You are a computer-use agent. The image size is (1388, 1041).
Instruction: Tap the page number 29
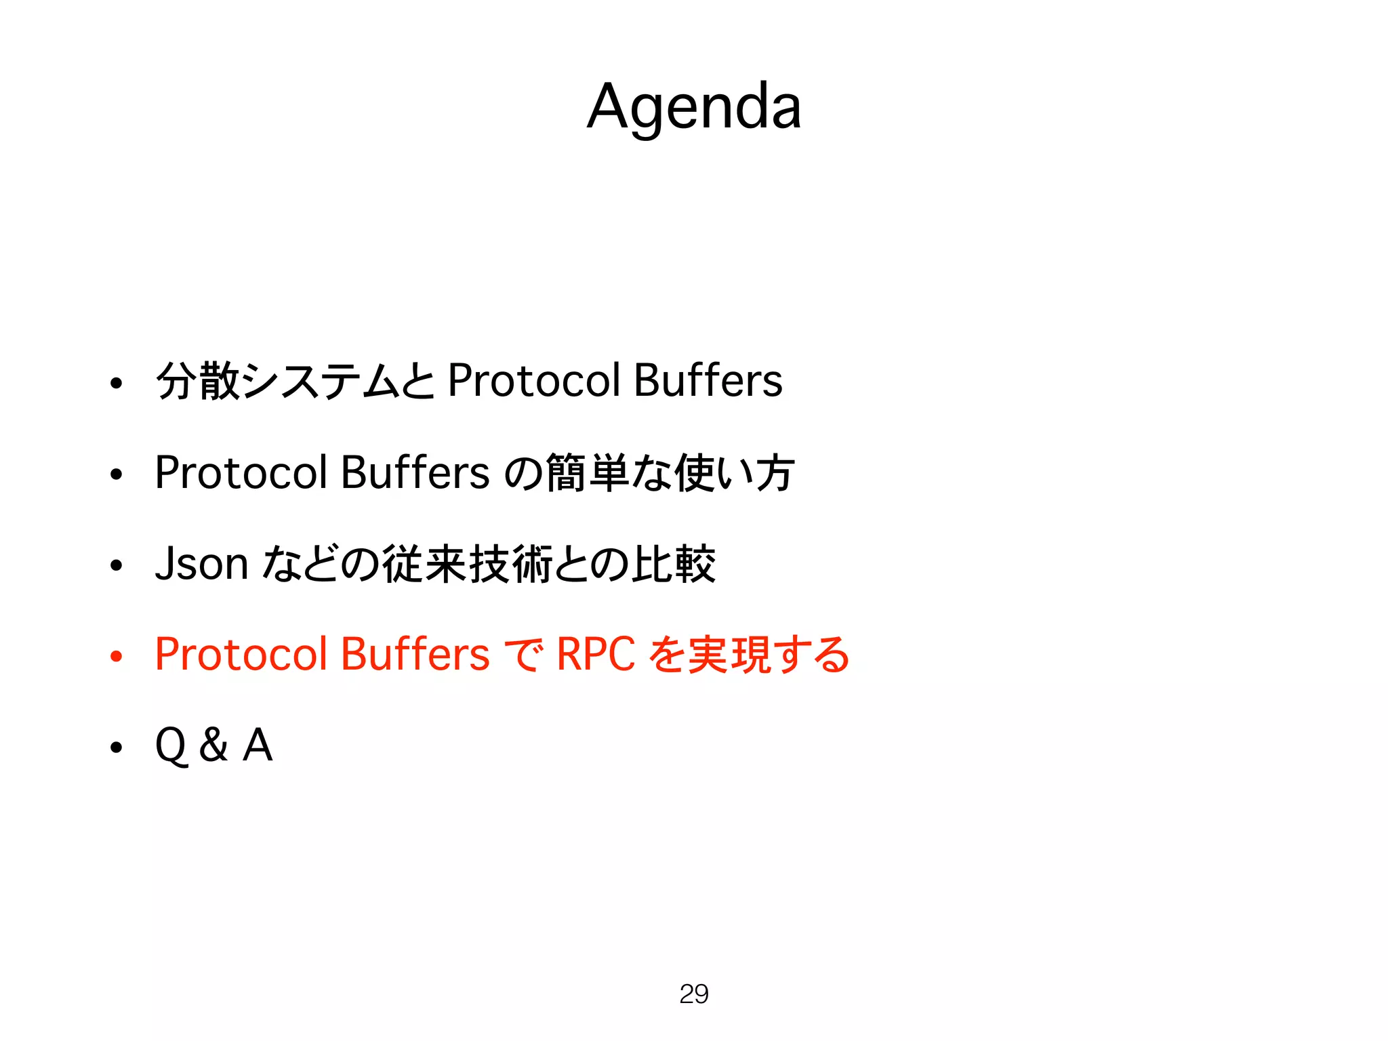coord(693,994)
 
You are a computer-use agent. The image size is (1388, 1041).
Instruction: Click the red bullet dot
coord(117,656)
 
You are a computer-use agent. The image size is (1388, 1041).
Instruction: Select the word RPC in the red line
coord(596,655)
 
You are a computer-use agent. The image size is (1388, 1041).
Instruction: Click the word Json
coord(201,564)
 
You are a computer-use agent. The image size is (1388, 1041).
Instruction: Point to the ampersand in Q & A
coord(213,745)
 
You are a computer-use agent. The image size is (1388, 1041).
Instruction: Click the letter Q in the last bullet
coord(171,746)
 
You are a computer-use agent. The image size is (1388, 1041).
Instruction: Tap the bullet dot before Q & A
coord(117,747)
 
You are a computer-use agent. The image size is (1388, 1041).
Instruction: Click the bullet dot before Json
coord(117,565)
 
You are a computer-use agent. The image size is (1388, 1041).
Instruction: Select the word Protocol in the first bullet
coord(534,380)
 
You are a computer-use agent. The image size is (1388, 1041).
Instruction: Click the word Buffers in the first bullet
coord(708,380)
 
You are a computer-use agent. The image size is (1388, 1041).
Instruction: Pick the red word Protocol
coord(241,655)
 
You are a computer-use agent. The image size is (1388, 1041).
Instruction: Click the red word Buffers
coord(415,655)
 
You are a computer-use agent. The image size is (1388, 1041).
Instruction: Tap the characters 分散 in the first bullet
coord(198,380)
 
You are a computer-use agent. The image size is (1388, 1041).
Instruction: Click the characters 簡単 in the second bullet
coord(587,472)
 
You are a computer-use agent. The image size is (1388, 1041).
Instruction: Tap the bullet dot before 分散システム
coord(117,384)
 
